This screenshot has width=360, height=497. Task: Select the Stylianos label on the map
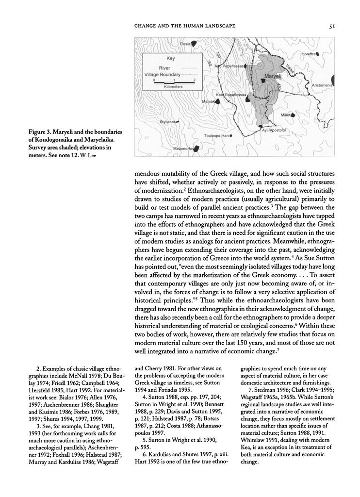[170, 122]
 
